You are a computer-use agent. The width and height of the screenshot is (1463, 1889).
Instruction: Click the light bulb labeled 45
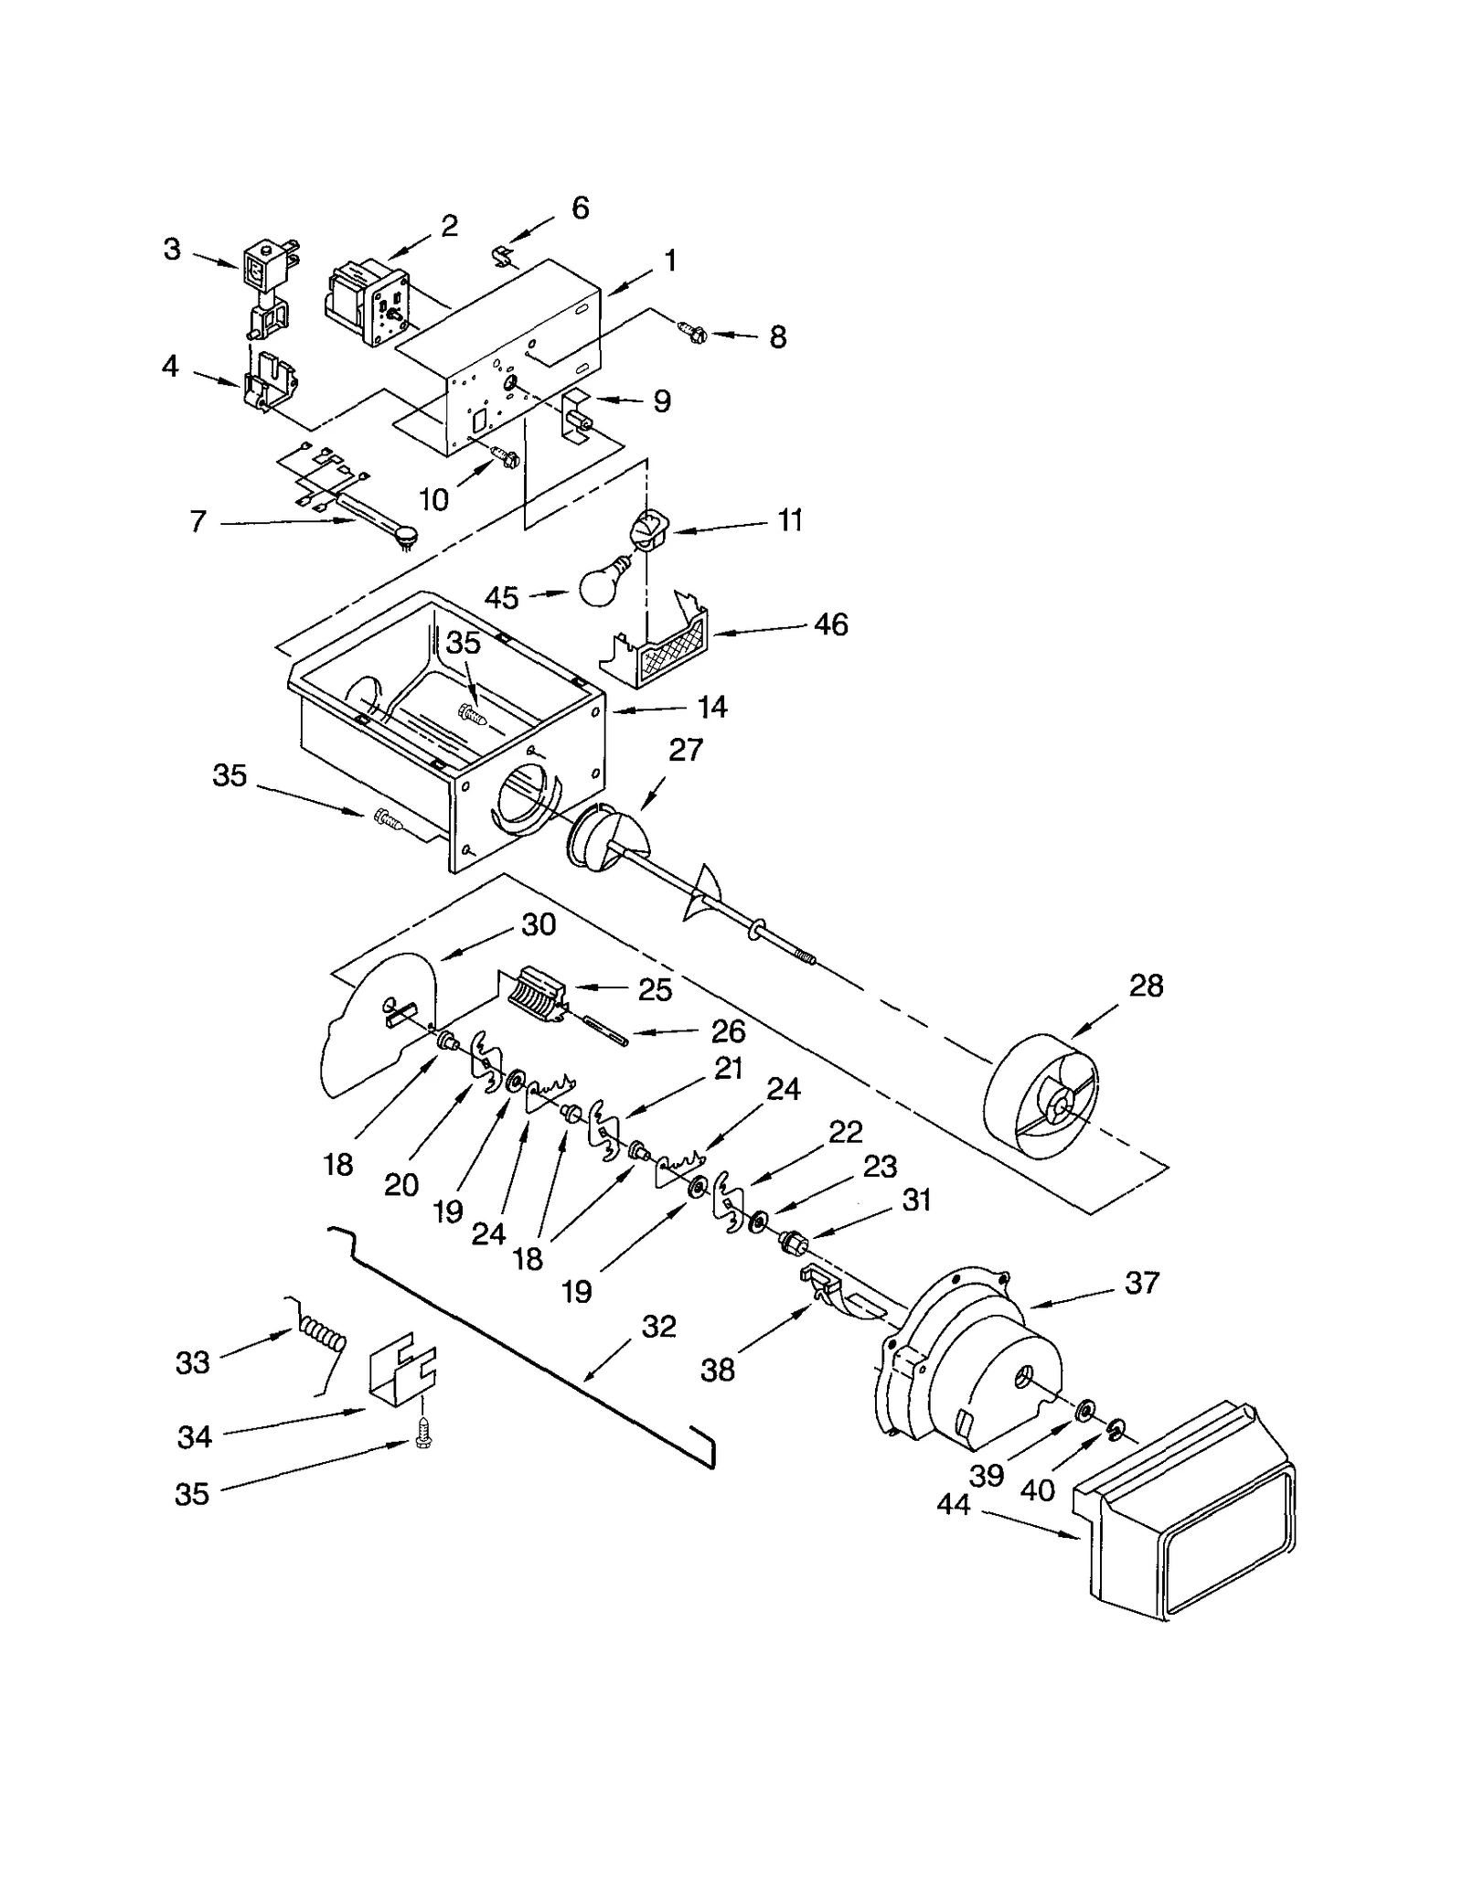point(602,580)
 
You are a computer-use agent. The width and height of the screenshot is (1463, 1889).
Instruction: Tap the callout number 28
point(1145,986)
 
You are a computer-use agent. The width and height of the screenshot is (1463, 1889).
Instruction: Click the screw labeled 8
point(692,333)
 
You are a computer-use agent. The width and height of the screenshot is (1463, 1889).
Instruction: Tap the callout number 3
point(172,249)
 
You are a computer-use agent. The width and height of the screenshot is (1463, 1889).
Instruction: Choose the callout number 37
point(1141,1283)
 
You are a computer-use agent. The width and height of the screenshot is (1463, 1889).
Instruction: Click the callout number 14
point(711,707)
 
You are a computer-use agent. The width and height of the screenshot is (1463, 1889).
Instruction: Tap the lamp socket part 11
point(647,530)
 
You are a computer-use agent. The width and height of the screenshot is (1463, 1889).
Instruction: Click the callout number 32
point(657,1326)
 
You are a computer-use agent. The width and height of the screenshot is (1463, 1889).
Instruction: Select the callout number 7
point(198,522)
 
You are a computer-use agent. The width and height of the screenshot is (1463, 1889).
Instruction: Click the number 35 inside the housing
point(463,643)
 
